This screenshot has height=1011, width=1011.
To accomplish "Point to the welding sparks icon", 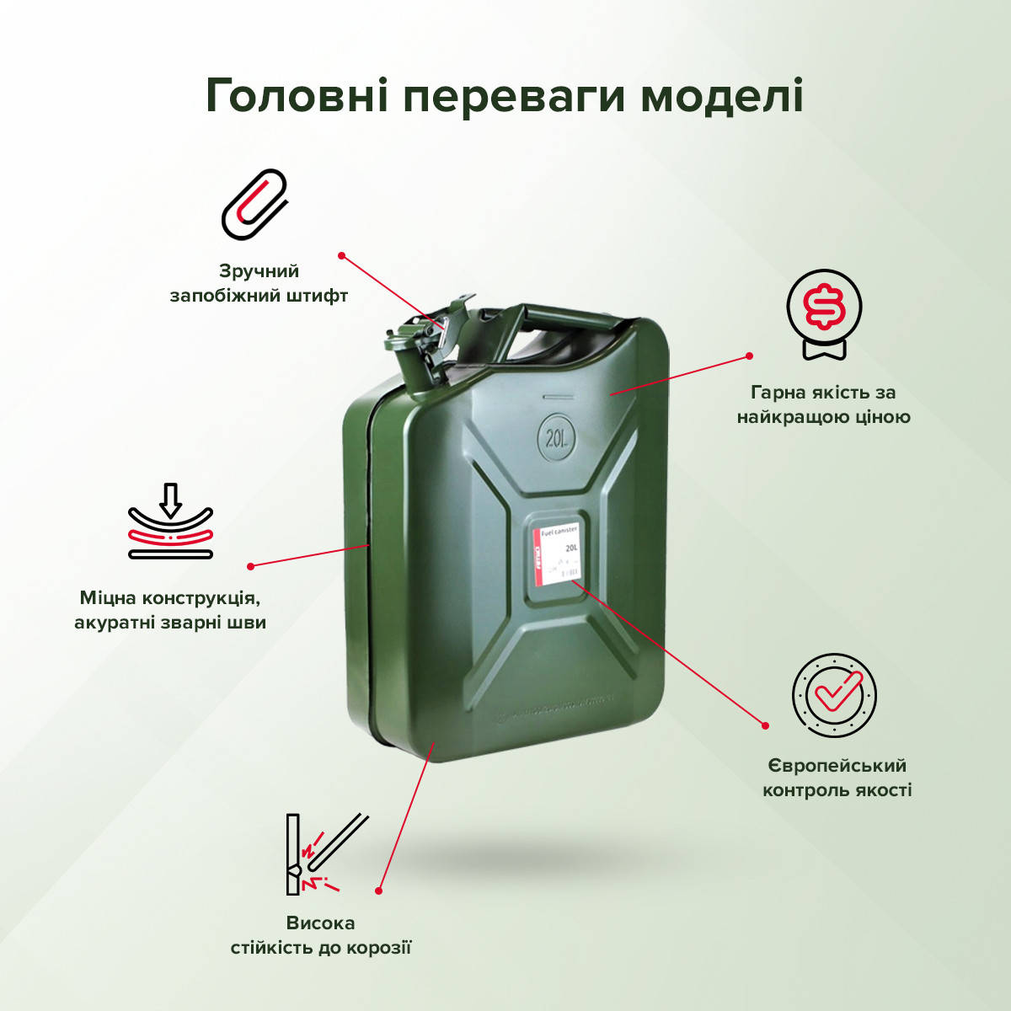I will (324, 855).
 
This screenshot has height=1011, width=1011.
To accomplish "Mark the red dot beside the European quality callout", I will (766, 725).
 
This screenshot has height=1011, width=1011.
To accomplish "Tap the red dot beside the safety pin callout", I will (342, 254).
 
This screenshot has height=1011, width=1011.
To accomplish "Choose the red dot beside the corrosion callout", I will (379, 890).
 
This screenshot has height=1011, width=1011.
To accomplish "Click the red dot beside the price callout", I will (749, 356).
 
